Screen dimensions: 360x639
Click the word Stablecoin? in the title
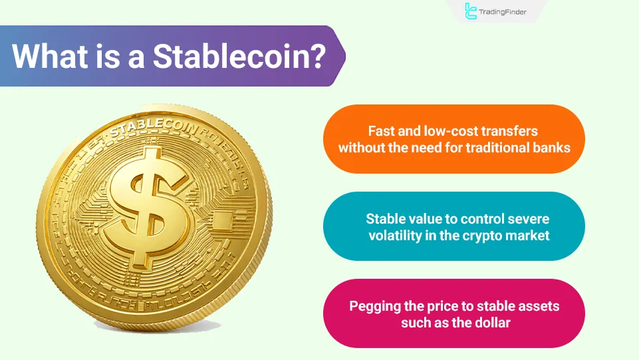coord(239,57)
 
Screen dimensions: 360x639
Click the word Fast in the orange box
coord(382,130)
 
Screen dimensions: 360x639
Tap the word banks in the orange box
coord(551,147)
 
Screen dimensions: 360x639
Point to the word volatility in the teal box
coord(399,235)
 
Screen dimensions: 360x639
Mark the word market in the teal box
coord(529,235)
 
